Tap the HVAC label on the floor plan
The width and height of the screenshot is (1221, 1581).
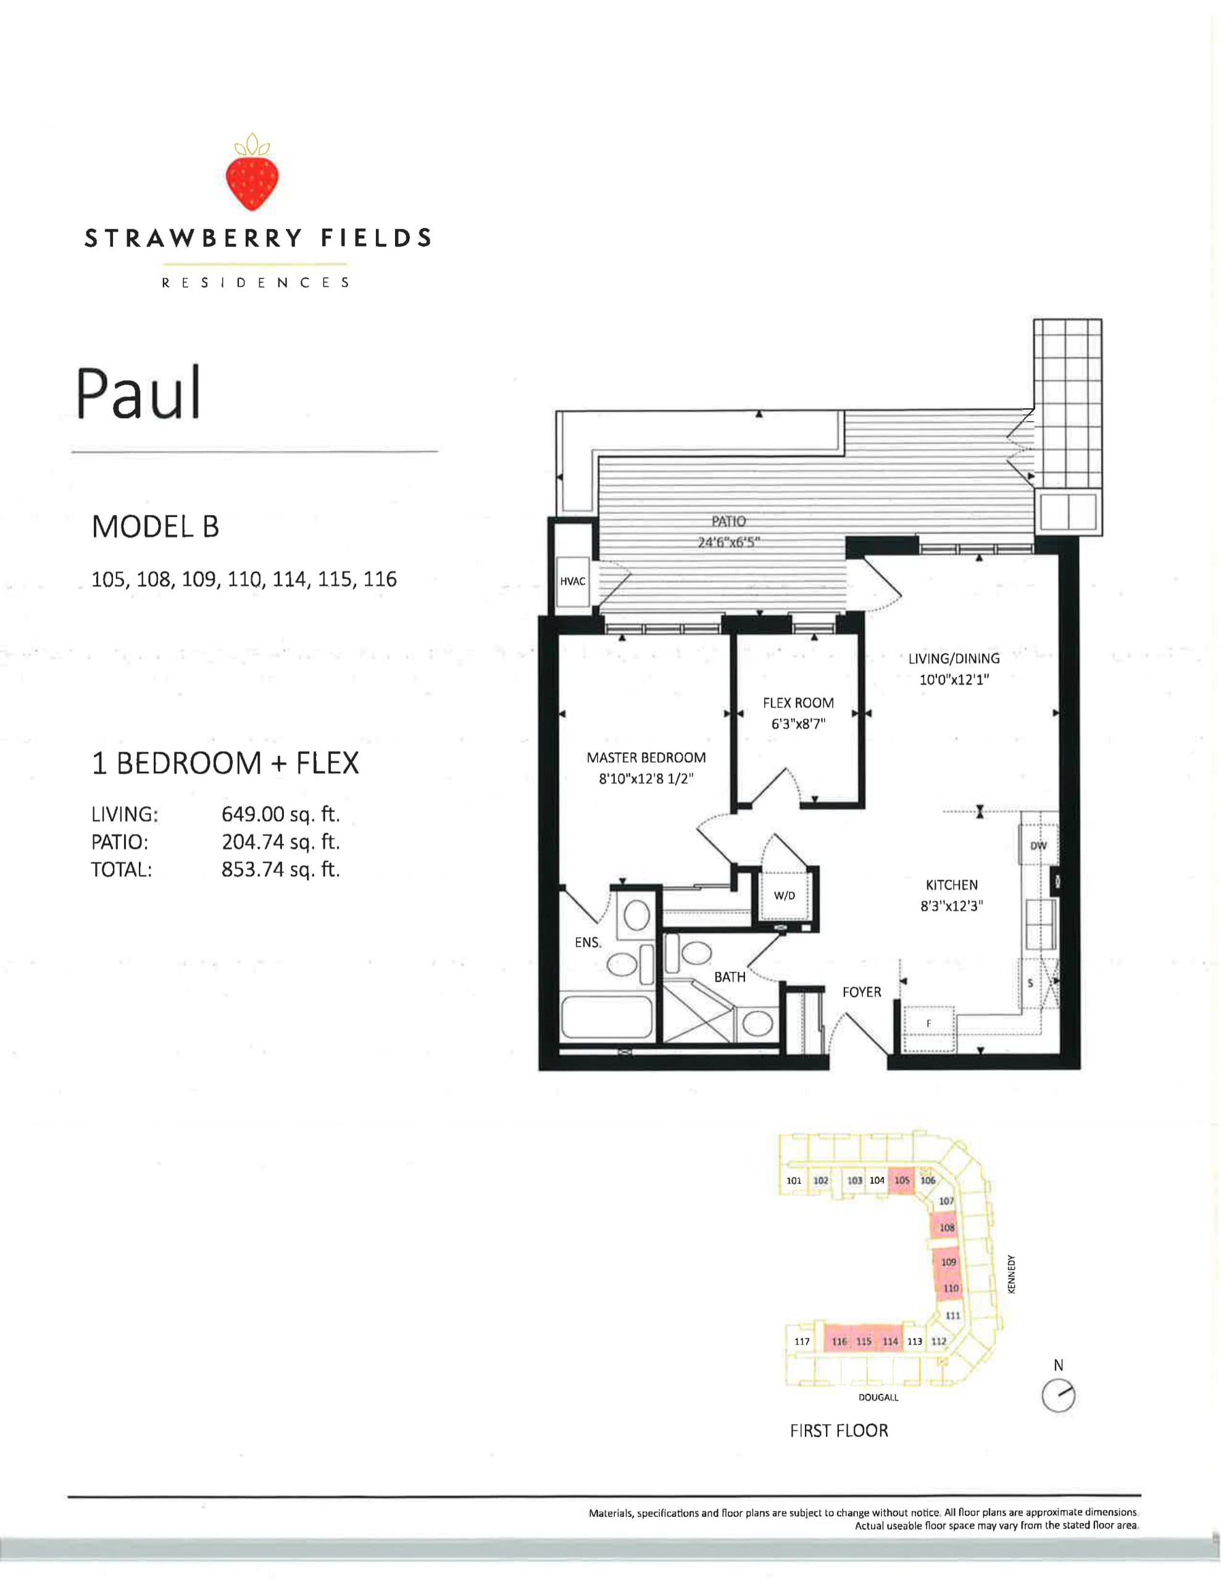tap(572, 581)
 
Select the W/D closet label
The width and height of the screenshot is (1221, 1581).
tap(784, 896)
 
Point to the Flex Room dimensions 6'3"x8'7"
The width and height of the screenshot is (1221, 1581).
tap(798, 724)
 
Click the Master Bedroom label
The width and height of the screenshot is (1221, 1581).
tap(646, 758)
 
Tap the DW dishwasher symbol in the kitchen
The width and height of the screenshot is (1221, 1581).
tap(1038, 845)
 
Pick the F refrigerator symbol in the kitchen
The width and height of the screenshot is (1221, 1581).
tap(928, 1023)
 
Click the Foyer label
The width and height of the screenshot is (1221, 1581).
tap(861, 992)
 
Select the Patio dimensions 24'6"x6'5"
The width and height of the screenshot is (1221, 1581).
tap(728, 542)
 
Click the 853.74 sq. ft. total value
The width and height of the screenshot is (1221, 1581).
tap(280, 870)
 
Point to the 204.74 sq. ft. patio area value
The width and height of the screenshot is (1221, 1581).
tap(280, 842)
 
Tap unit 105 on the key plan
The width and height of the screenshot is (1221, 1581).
tap(901, 1180)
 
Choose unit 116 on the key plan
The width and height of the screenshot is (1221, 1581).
tap(839, 1341)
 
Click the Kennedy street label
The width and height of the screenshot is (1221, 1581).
tap(1011, 1274)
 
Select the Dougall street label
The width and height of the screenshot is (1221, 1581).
tap(878, 1397)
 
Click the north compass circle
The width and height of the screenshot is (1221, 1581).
tap(1058, 1396)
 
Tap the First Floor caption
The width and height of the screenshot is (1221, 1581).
tap(839, 1431)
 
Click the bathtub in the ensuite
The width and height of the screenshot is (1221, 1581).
tap(607, 1018)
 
